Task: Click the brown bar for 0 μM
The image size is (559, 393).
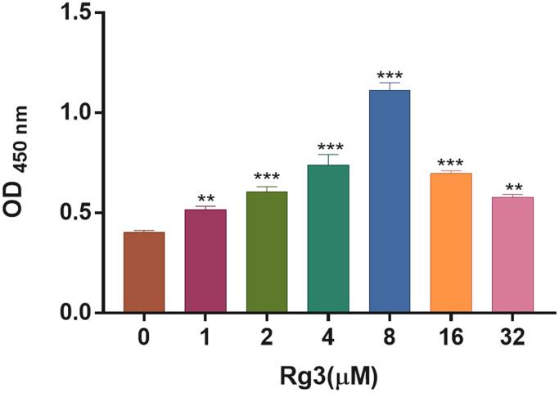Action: (x=144, y=272)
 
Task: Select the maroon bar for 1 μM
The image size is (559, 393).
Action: (x=205, y=261)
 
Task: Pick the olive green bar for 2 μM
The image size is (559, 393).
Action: (x=267, y=252)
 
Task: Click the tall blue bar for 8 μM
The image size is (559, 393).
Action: (x=390, y=201)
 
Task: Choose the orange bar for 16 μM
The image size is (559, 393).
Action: (x=451, y=243)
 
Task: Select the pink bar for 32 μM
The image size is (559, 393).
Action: (x=512, y=255)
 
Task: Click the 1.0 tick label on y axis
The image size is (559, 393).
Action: (x=83, y=113)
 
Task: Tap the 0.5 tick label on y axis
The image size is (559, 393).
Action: (x=83, y=214)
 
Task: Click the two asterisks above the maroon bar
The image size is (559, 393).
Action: (x=205, y=199)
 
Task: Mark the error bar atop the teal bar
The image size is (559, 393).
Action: (x=328, y=159)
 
